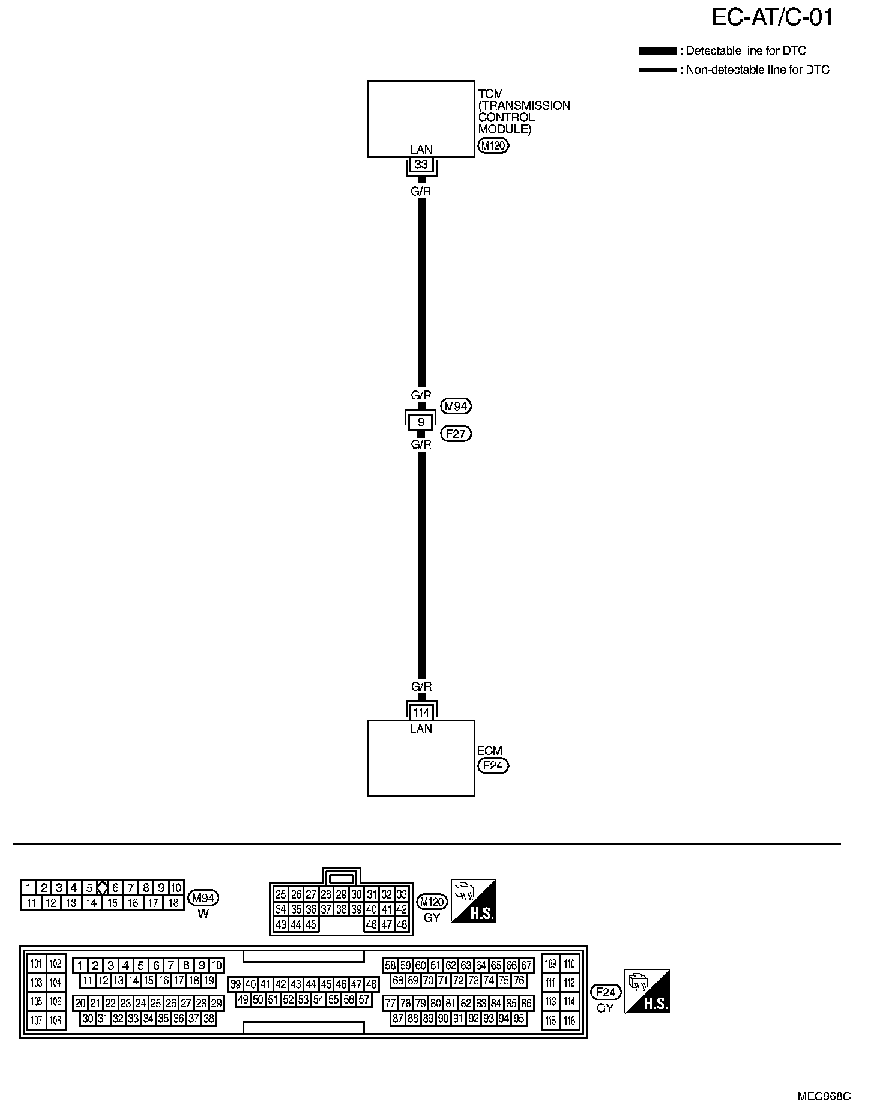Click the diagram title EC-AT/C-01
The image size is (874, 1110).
coord(772,18)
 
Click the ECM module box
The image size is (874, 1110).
coord(421,763)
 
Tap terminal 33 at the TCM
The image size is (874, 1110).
coord(421,165)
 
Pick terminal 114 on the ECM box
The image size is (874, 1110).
coord(421,712)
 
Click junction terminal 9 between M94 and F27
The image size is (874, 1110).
coord(421,422)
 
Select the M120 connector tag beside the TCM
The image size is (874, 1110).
coord(493,145)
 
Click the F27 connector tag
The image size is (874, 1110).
coord(456,434)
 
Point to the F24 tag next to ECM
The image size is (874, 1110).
coord(493,766)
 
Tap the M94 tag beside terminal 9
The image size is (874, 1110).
coord(456,407)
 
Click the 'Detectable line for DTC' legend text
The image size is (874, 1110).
coord(746,51)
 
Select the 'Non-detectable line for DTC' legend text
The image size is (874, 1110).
coord(758,70)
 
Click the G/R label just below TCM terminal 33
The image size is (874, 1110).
coord(421,192)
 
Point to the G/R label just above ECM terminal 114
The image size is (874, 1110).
coord(421,687)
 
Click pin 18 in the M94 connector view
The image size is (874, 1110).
coord(173,903)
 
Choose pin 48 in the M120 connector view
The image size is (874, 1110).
coord(402,925)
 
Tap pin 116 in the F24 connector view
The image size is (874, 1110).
coord(569,1021)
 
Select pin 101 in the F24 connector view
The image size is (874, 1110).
coord(37,964)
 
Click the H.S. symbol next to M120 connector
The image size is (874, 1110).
coord(473,901)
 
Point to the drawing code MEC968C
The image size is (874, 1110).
coord(824,1096)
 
